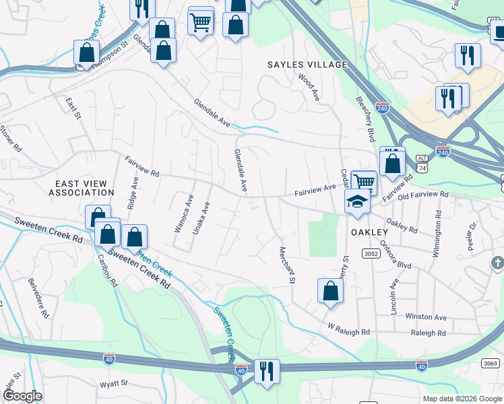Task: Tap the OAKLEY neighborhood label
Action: pyautogui.click(x=369, y=232)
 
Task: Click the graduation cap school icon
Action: pyautogui.click(x=356, y=201)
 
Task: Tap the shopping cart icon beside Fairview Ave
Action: pyautogui.click(x=364, y=181)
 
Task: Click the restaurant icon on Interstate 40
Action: pyautogui.click(x=267, y=371)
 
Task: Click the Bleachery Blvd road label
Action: pyautogui.click(x=365, y=119)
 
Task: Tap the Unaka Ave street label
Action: pyautogui.click(x=198, y=216)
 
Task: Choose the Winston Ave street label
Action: pyautogui.click(x=426, y=316)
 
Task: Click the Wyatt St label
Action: pyautogui.click(x=114, y=383)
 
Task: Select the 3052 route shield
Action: pyautogui.click(x=370, y=253)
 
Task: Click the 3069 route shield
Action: pyautogui.click(x=491, y=364)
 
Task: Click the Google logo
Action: pyautogui.click(x=22, y=396)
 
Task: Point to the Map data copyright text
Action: pyautogui.click(x=462, y=399)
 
